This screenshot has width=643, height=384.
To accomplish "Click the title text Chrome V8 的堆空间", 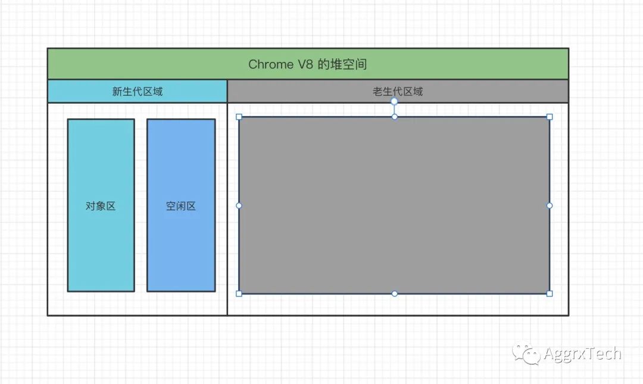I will click(x=307, y=64).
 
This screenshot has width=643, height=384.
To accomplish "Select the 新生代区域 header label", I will click(x=138, y=92).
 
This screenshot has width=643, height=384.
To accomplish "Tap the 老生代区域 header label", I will click(x=398, y=92).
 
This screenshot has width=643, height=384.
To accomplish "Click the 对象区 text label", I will click(x=101, y=207).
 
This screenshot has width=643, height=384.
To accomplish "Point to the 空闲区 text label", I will click(x=181, y=207).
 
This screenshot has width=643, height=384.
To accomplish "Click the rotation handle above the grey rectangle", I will click(x=394, y=101).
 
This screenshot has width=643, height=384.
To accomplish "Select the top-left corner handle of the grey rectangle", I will click(x=239, y=117).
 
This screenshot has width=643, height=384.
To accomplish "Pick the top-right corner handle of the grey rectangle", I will click(x=550, y=117).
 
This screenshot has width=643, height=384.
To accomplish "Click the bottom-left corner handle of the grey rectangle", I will click(x=239, y=294).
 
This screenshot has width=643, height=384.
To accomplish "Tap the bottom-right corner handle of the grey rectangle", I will click(x=550, y=294).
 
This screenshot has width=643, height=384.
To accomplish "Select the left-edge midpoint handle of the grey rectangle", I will click(x=239, y=205).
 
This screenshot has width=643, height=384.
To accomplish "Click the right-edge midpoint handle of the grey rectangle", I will click(x=550, y=205).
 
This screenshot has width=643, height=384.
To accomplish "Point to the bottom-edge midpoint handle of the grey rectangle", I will click(x=394, y=294).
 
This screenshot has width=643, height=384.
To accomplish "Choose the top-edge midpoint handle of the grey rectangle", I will click(x=394, y=117).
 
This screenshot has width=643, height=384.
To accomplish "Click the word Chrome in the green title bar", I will click(x=270, y=64).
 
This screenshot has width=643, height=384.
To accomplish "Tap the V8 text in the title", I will click(x=305, y=64).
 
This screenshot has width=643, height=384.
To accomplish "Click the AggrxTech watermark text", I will click(x=582, y=354).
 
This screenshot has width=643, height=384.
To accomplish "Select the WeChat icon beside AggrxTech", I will click(x=527, y=354).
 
